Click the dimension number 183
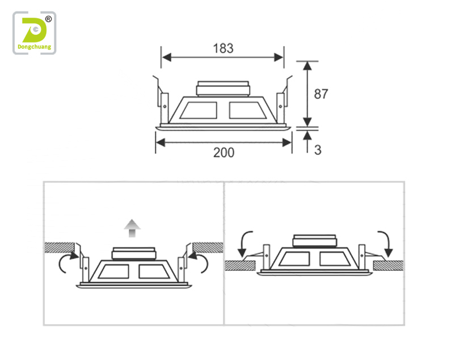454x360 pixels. pyautogui.click(x=223, y=48)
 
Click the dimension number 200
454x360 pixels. pyautogui.click(x=224, y=153)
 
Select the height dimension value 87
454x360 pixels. pyautogui.click(x=321, y=94)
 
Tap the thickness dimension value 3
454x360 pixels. pyautogui.click(x=318, y=150)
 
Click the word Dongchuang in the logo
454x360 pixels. pyautogui.click(x=35, y=47)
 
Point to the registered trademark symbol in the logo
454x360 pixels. pyautogui.click(x=48, y=19)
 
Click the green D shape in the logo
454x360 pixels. pyautogui.click(x=34, y=30)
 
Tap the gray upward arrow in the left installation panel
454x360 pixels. pyautogui.click(x=132, y=228)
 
